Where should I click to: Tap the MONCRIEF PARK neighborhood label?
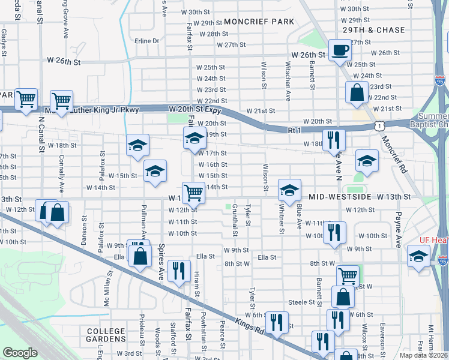[x=259, y=22]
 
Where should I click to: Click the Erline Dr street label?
[x=147, y=41]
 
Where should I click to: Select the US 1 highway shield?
[x=378, y=125]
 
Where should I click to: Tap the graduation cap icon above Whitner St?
[x=289, y=190]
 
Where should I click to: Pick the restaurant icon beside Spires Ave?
[x=179, y=271]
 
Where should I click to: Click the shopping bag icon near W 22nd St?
[x=357, y=92]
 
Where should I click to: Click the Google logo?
[x=20, y=353]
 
